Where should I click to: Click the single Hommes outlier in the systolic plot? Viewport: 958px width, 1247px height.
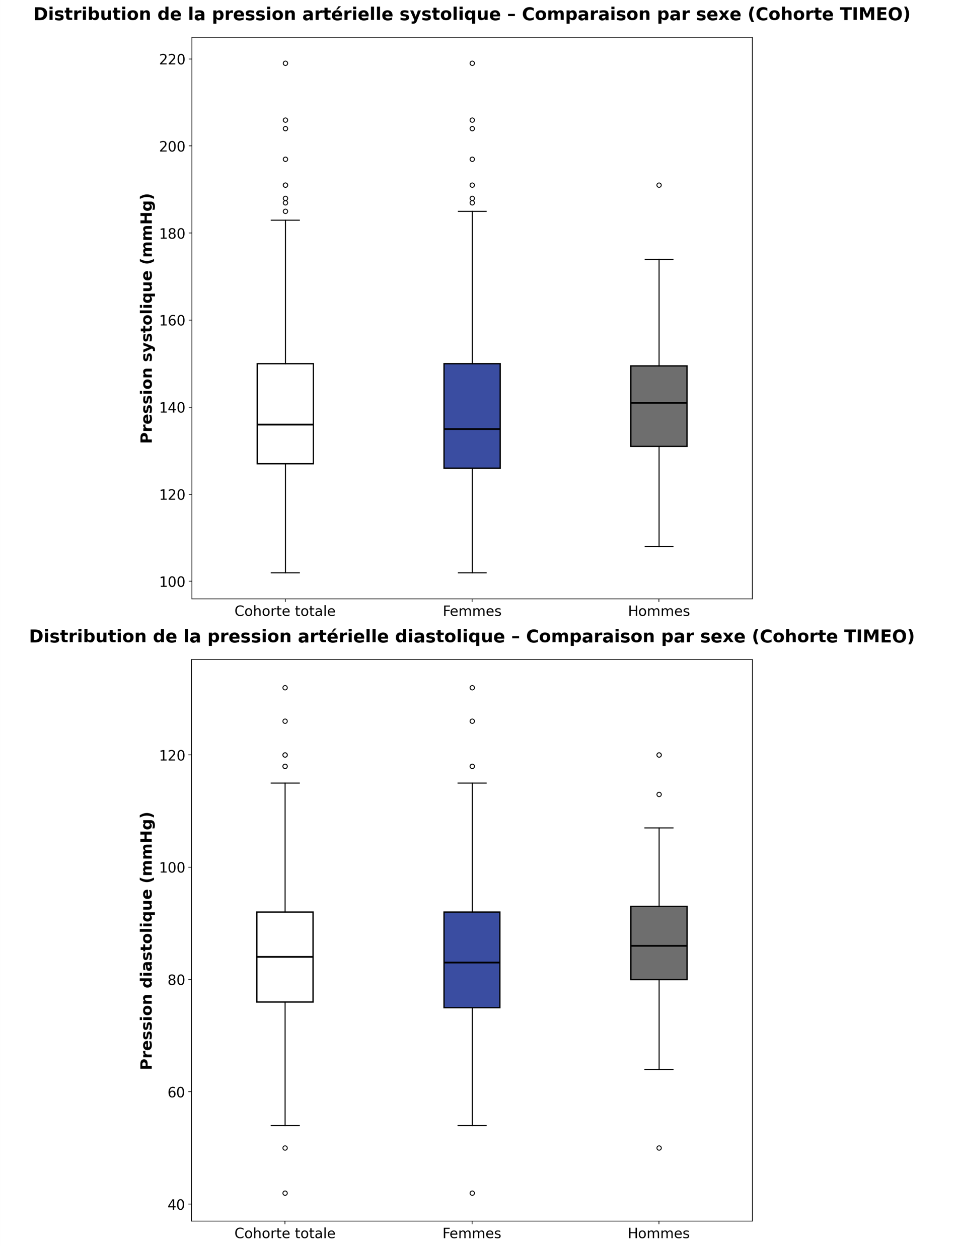coord(658,185)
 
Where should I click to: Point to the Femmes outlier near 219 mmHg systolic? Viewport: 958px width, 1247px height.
coord(472,63)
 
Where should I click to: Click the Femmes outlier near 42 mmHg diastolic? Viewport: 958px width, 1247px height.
coord(472,1193)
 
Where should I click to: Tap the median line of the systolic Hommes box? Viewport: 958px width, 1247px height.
coord(658,403)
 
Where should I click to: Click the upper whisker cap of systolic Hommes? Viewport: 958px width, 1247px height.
coord(658,259)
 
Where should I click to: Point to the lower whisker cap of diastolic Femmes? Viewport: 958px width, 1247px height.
coord(472,1126)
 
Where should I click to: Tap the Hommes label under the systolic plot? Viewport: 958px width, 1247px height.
coord(658,611)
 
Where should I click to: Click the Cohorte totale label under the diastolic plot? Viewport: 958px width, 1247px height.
coord(284,1233)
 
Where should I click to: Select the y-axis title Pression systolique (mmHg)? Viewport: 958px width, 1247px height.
coord(146,318)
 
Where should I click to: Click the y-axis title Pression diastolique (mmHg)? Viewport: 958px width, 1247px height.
coord(146,941)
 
